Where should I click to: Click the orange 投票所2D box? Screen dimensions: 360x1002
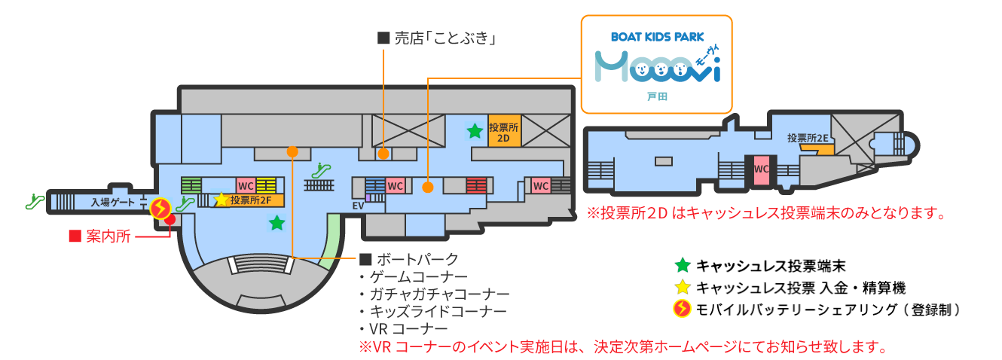tap(504, 133)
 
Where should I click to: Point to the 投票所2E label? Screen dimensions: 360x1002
tap(808, 138)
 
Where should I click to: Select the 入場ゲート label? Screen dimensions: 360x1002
tap(113, 202)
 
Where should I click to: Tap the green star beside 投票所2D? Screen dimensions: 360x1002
tap(475, 132)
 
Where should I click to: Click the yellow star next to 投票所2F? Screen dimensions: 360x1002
tap(221, 200)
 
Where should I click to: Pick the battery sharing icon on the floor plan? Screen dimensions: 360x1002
tap(160, 208)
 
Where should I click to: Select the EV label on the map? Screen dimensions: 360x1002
tap(358, 205)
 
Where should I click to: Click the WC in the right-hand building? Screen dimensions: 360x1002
tap(762, 169)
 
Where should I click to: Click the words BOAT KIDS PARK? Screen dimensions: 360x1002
tap(657, 35)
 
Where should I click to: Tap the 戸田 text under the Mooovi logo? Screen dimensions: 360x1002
tap(657, 97)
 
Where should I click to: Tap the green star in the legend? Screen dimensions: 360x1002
tap(682, 265)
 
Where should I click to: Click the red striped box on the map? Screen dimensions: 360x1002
tap(475, 185)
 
